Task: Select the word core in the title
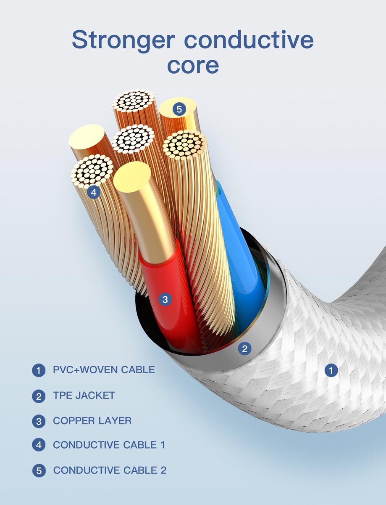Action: [193, 65]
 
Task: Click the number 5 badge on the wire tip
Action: [179, 109]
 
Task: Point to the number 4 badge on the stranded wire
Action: [93, 193]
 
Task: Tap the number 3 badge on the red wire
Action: [165, 299]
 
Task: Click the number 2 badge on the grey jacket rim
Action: [245, 348]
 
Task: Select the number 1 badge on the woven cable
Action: [331, 370]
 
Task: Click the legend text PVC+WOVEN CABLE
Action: [104, 370]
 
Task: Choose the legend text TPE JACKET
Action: [84, 396]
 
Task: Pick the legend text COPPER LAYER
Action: [92, 421]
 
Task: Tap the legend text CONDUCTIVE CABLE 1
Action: [109, 445]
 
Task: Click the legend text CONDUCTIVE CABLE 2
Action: [110, 470]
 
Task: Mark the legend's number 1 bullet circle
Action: [39, 371]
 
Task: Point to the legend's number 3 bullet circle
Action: [39, 421]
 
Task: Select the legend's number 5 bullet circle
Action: [39, 470]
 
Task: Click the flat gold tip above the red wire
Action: [132, 177]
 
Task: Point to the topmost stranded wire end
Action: [134, 101]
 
